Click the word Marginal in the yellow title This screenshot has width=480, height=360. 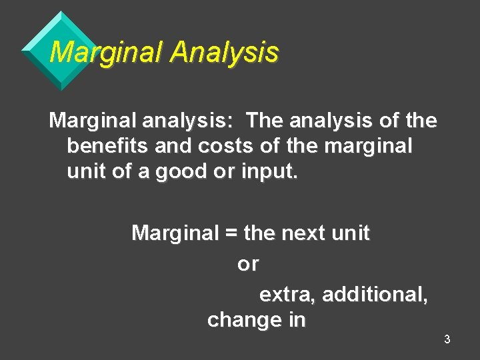coord(107,52)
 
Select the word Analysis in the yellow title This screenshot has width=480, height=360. coord(224,52)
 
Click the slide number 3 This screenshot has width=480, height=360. coord(447,339)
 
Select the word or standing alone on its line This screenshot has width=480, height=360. coord(248,265)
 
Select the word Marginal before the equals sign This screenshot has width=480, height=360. coord(175,234)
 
